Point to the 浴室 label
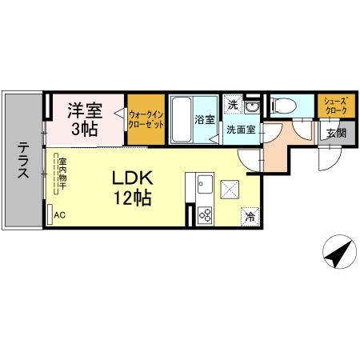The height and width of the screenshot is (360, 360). (x=205, y=121)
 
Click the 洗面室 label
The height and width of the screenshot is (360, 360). (x=240, y=129)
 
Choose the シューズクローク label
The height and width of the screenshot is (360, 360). (x=333, y=105)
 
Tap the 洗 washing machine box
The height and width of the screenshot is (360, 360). (x=232, y=104)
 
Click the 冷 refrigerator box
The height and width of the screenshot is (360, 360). (x=250, y=216)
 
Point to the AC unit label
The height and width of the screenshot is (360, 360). (x=59, y=214)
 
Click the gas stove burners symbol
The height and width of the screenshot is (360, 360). (x=204, y=214)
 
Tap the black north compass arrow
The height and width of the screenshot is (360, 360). (x=338, y=257)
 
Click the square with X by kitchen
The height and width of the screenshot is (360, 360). (x=230, y=190)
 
